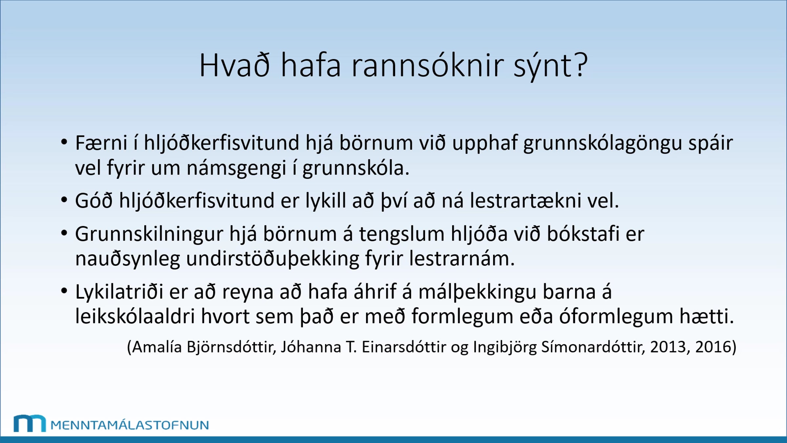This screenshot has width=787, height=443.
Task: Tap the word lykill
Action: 326,201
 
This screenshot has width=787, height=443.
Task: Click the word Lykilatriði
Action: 119,292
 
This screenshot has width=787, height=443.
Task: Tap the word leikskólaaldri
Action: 135,316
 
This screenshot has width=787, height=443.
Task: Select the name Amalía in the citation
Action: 157,347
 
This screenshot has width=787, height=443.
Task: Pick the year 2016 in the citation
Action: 713,347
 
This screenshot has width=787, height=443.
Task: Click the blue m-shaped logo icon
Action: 30,423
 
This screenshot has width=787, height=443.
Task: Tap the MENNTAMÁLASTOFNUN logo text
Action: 130,425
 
